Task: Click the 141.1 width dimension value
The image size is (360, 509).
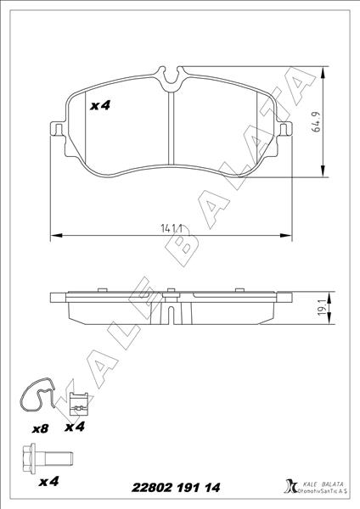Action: (171, 228)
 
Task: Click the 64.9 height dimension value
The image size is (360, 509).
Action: (316, 121)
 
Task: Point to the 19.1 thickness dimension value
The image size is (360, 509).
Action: (323, 307)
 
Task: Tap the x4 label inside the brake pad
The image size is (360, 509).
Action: (100, 105)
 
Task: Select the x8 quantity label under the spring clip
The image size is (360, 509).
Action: (40, 429)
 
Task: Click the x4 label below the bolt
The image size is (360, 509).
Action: (48, 481)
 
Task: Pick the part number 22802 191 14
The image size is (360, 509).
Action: (176, 487)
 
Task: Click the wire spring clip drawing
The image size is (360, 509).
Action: (37, 394)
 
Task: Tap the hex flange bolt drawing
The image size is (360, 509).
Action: (48, 458)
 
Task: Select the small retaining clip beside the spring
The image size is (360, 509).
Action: (79, 404)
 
